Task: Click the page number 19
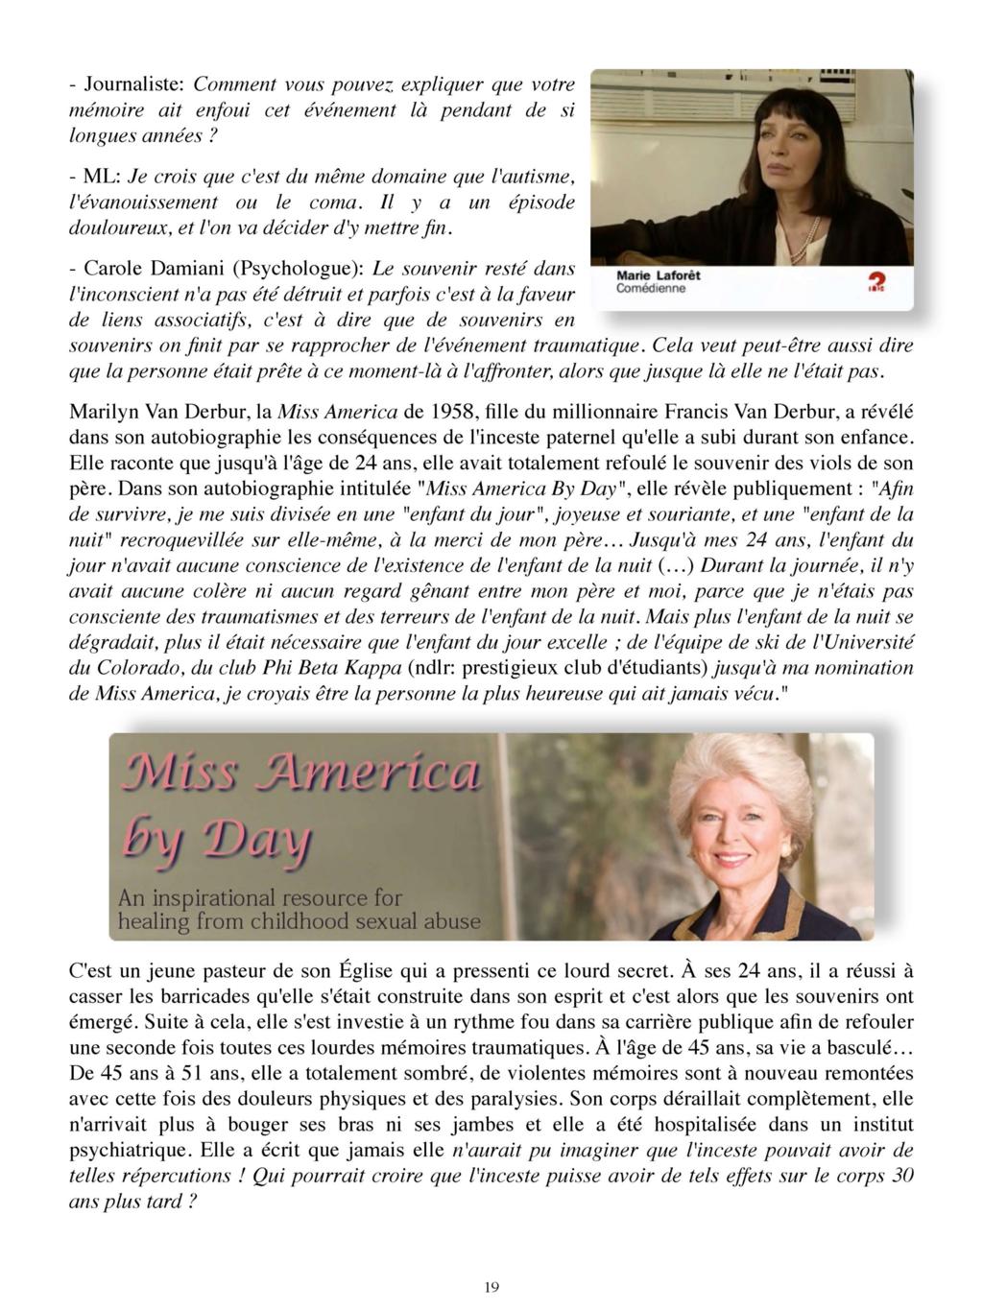491,1287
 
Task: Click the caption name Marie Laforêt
659,274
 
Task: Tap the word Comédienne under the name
651,288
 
